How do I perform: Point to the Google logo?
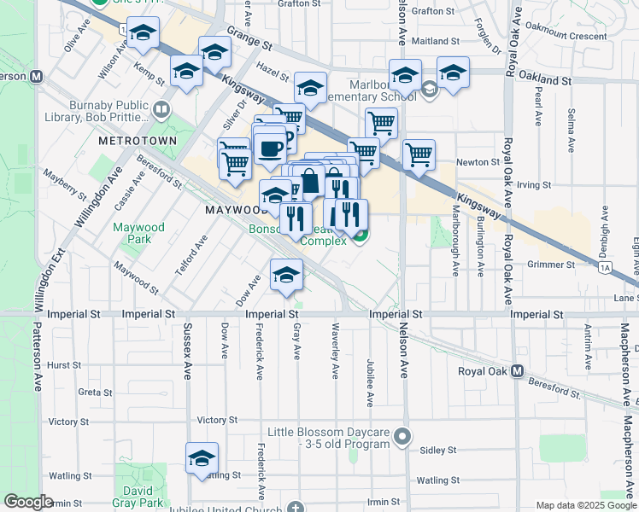pos(28,502)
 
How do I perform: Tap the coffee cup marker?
pos(270,148)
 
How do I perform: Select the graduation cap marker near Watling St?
pos(202,458)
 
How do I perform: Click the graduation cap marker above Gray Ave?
pos(286,274)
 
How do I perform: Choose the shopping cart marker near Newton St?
pos(419,155)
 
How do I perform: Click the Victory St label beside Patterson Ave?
pos(68,422)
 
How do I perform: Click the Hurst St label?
pos(64,364)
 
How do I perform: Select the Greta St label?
pos(90,393)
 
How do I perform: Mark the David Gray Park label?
pos(138,497)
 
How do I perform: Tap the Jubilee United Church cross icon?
pos(296,507)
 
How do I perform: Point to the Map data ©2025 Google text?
pos(584,505)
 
